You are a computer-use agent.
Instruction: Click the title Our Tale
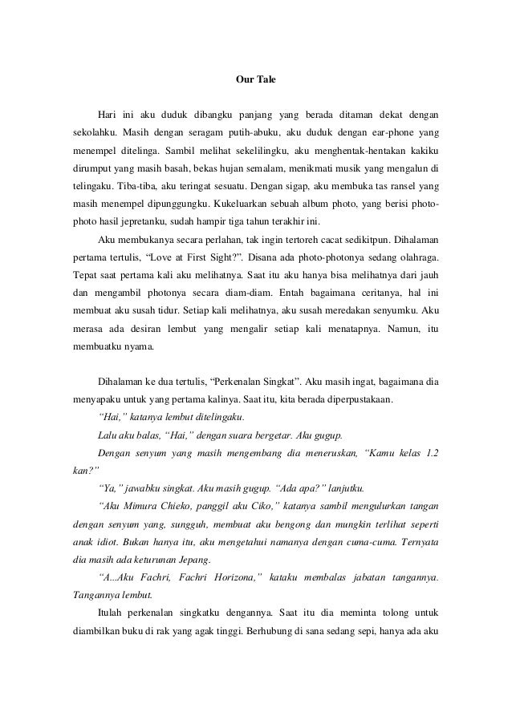255,80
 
